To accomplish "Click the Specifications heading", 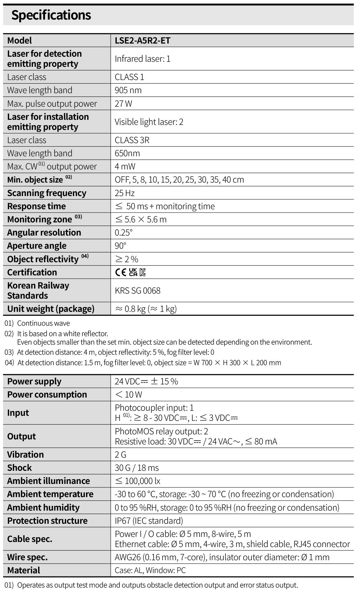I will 51,15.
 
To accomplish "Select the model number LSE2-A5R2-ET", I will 142,40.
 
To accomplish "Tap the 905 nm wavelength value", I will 128,90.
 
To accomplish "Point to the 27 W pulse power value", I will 123,104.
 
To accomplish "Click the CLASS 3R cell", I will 132,140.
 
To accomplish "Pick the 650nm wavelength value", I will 127,153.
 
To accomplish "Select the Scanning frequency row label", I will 47,193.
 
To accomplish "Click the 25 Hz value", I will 124,193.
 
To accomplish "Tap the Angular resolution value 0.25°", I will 123,233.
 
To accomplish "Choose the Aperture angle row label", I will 37,246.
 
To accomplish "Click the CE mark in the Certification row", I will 121,272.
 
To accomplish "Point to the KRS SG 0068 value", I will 137,291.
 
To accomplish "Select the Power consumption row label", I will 47,395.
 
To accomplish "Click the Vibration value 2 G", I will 120,455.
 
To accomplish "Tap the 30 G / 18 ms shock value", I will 136,468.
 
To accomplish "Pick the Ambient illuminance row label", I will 48,481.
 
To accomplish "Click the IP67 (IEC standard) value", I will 148,521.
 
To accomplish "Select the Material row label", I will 24,570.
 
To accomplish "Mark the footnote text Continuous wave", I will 44,323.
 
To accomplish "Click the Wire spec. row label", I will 27,557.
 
